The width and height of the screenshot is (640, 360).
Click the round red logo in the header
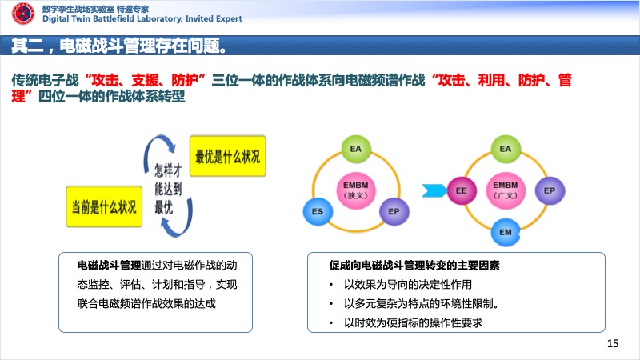23,14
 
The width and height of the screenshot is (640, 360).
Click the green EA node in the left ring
355,149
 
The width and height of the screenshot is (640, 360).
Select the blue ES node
318,211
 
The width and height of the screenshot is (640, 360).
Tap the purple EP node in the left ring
394,211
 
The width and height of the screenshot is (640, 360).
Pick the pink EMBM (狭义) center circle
356,190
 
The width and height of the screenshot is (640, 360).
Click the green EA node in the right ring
506,149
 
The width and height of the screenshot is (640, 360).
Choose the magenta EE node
462,190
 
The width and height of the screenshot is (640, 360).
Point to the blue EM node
506,232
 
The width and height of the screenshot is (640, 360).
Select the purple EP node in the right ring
550,190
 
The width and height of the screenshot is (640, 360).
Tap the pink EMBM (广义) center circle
506,190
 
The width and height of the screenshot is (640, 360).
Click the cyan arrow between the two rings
434,190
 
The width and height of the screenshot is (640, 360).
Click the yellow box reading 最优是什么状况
228,156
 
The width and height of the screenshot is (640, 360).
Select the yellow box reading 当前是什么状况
104,206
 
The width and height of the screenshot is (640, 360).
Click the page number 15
613,343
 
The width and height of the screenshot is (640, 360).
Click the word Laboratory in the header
157,18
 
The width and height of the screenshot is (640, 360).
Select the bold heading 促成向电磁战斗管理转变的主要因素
414,266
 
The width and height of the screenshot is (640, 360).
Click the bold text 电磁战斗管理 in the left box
109,266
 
